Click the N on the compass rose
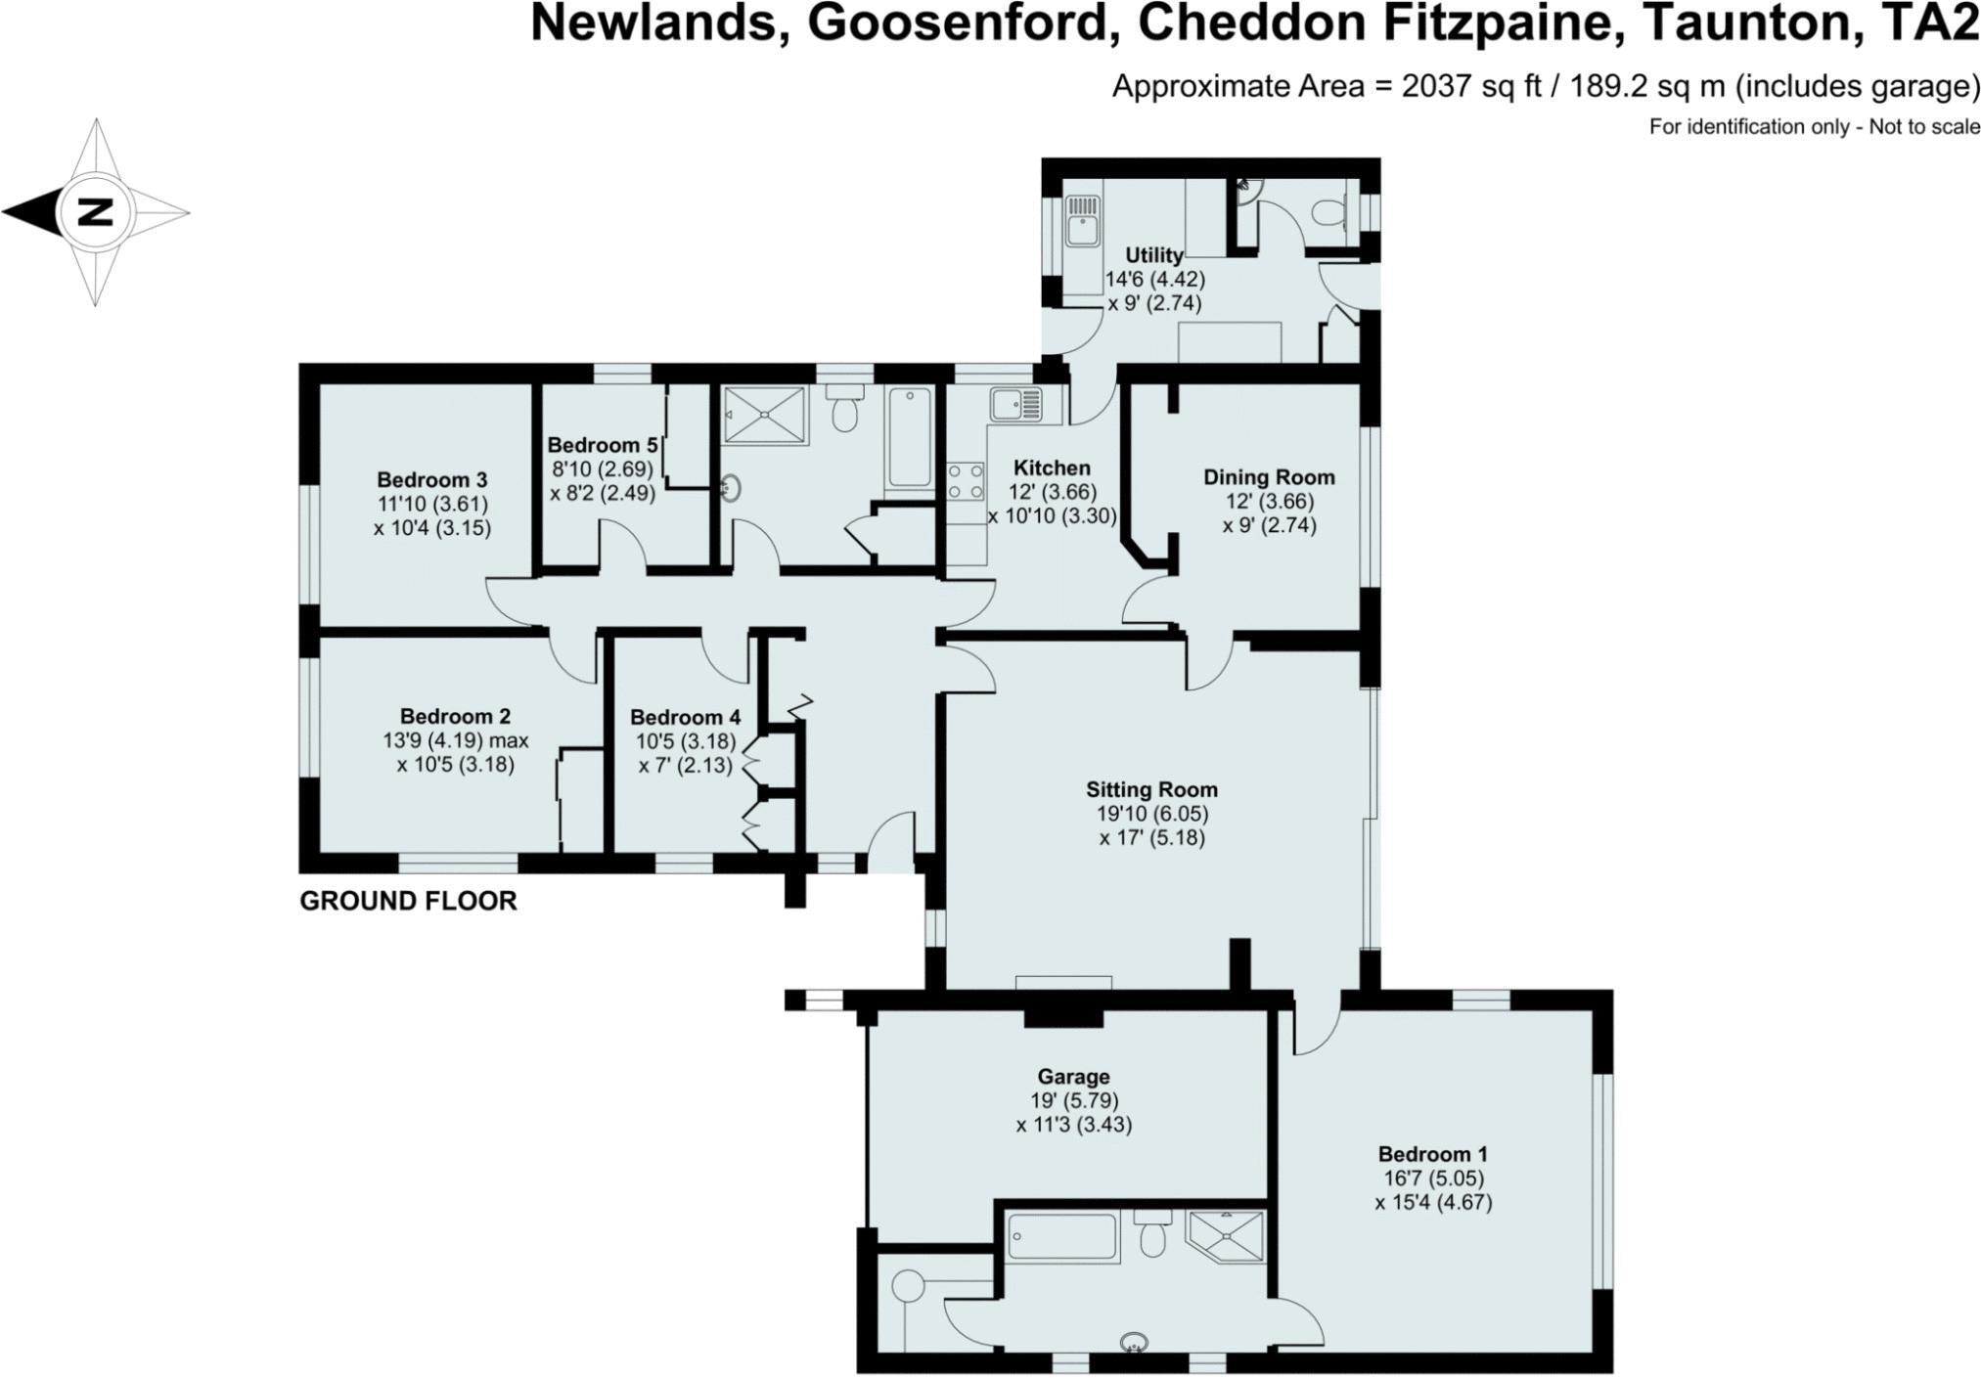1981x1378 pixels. click(x=95, y=212)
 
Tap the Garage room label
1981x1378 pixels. click(x=1073, y=1077)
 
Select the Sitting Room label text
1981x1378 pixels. click(x=1151, y=789)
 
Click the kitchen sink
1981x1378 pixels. click(x=1015, y=403)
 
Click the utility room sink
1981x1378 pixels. click(x=1081, y=220)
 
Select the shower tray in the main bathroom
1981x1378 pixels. click(x=765, y=414)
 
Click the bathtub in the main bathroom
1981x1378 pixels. click(x=910, y=437)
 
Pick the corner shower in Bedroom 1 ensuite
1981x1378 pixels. click(x=1225, y=1236)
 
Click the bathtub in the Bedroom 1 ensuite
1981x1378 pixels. click(x=1061, y=1237)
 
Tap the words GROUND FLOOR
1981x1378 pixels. click(x=408, y=901)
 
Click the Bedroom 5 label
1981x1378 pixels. click(x=601, y=445)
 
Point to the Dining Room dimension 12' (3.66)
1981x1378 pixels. click(x=1269, y=501)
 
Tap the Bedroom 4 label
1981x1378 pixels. click(x=685, y=717)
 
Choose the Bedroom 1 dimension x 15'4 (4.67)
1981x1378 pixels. click(x=1433, y=1203)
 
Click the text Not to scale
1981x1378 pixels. click(x=1924, y=127)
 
